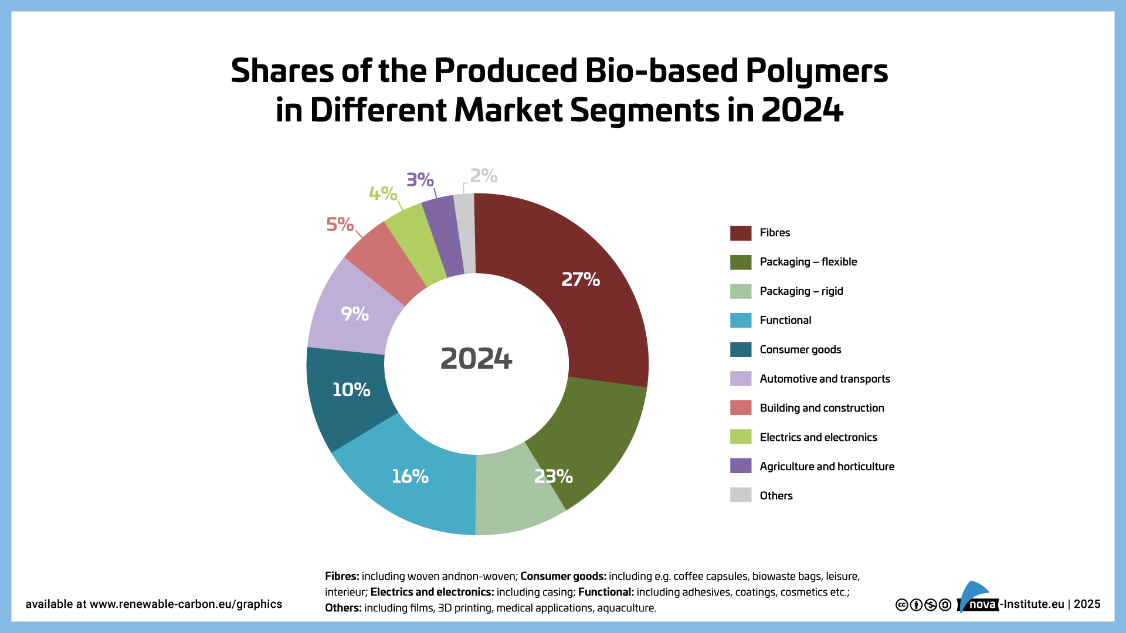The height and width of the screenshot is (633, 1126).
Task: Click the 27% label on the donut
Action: tap(581, 280)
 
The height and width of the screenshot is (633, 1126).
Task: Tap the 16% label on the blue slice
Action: tap(410, 477)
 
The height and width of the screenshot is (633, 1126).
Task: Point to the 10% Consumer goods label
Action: tap(351, 390)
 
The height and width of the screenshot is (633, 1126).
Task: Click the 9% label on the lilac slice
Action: tap(355, 314)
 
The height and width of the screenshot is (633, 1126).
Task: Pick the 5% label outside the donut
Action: tap(340, 224)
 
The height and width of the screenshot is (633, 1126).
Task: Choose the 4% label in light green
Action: tap(383, 193)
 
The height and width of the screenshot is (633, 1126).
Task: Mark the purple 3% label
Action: tap(420, 179)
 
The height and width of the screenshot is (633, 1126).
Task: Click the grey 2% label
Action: tap(483, 175)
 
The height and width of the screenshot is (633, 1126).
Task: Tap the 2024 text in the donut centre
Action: tap(476, 359)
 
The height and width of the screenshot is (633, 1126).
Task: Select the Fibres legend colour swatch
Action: tap(741, 233)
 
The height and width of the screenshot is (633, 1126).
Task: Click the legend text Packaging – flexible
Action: tap(808, 262)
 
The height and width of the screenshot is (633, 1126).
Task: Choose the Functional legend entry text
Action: tap(785, 321)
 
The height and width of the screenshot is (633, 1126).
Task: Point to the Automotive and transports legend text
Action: tap(825, 379)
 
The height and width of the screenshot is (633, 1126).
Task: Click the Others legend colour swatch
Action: tap(741, 495)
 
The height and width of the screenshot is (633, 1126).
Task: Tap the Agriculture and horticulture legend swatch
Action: tap(741, 466)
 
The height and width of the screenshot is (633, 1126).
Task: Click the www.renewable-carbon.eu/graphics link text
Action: tap(186, 604)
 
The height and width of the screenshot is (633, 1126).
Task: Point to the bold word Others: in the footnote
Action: tap(343, 608)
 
